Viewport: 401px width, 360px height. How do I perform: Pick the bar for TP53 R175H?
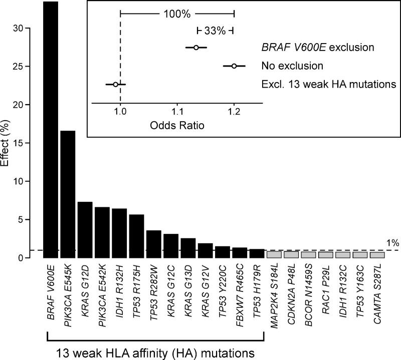point(136,236)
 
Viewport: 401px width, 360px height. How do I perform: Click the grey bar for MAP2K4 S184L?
point(274,254)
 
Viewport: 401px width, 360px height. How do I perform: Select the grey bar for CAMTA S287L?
point(377,254)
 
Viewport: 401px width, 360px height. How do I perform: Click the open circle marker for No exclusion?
point(234,66)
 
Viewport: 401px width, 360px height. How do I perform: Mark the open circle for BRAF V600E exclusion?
point(196,48)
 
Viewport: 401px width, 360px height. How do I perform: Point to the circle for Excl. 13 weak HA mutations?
point(115,85)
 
